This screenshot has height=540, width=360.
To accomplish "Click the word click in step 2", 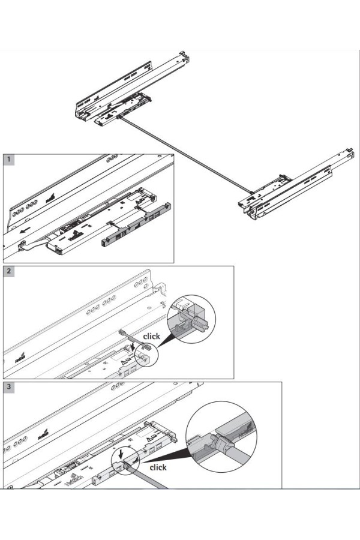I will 151,336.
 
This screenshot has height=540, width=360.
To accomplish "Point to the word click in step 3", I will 158,467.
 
